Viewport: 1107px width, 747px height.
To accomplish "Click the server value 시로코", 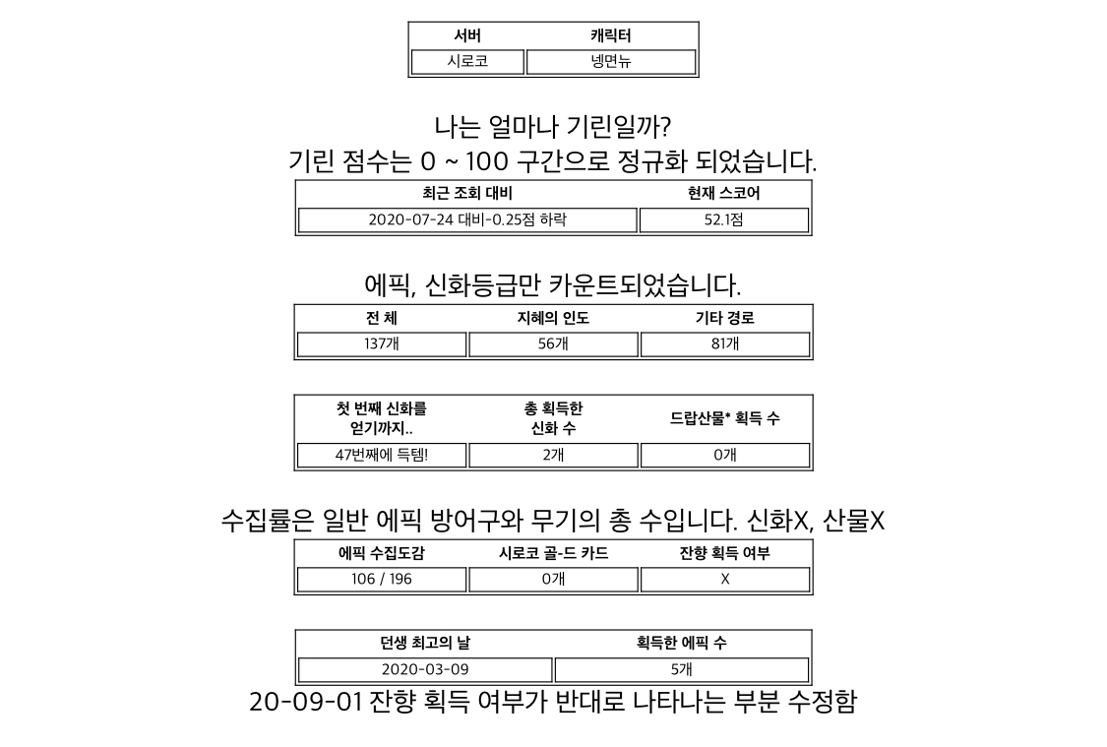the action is pyautogui.click(x=467, y=61).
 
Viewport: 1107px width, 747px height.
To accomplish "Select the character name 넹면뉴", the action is pyautogui.click(x=611, y=61).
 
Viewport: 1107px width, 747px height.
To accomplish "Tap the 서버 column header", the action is pyautogui.click(x=467, y=35).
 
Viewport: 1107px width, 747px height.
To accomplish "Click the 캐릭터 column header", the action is pyautogui.click(x=611, y=35).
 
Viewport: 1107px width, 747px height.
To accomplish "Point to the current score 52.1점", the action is pyautogui.click(x=723, y=219).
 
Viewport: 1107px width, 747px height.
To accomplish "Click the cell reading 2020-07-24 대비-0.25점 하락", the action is pyautogui.click(x=467, y=219).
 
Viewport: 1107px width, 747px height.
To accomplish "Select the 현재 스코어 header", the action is pyautogui.click(x=723, y=193).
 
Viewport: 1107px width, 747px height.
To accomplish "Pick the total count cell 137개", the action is pyautogui.click(x=382, y=343).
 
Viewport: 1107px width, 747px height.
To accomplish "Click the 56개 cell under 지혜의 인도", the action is pyautogui.click(x=553, y=343).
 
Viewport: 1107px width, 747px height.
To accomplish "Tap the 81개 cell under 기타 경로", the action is pyautogui.click(x=725, y=343).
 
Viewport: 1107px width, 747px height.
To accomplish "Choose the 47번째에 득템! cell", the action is pyautogui.click(x=382, y=455).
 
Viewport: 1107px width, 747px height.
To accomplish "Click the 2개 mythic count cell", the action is pyautogui.click(x=553, y=455).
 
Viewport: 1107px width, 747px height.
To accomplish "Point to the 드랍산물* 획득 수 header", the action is pyautogui.click(x=725, y=418).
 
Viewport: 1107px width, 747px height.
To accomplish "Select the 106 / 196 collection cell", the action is pyautogui.click(x=382, y=579).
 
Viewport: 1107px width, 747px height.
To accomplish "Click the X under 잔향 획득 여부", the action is pyautogui.click(x=725, y=579).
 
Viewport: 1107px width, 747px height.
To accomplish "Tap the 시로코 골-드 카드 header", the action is pyautogui.click(x=553, y=553).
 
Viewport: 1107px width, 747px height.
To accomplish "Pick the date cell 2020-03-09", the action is pyautogui.click(x=425, y=669).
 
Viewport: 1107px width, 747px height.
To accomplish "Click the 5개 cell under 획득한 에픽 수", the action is pyautogui.click(x=682, y=669).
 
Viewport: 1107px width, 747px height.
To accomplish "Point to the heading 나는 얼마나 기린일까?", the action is pyautogui.click(x=553, y=127).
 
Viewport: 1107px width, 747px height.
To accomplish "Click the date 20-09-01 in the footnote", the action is pyautogui.click(x=306, y=702).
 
